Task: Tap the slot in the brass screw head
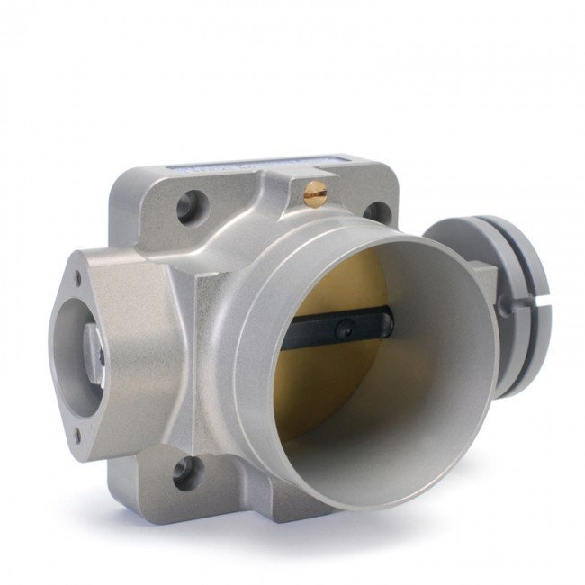coord(316,190)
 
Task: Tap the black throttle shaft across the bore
coord(342,328)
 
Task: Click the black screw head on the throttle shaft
coord(345,330)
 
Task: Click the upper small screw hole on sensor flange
coord(77,279)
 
